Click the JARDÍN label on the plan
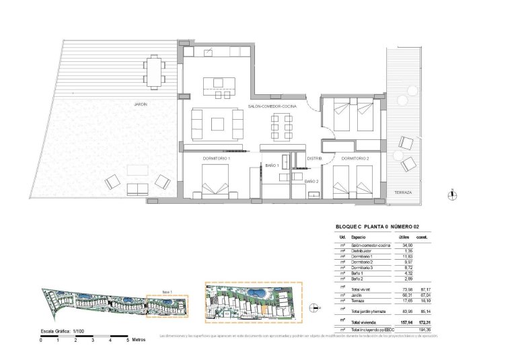[x=140, y=104]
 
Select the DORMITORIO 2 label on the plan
[x=355, y=157]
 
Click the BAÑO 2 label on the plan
[x=311, y=182]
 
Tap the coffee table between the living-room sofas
[x=217, y=123]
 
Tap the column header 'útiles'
[x=404, y=238]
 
